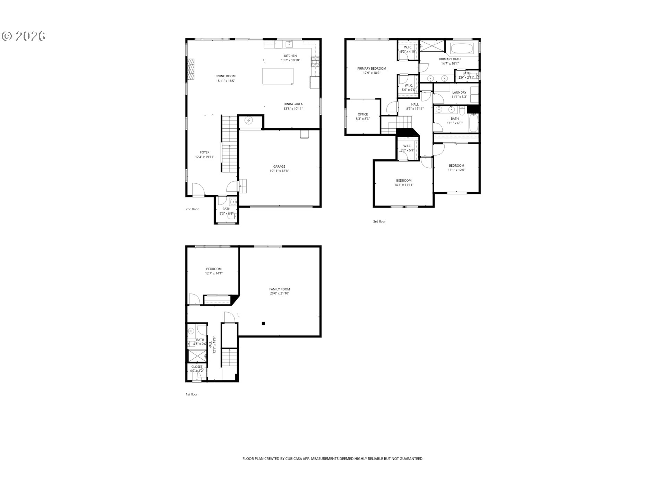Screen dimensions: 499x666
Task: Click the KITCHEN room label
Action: (290, 56)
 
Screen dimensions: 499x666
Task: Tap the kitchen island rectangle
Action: (277, 76)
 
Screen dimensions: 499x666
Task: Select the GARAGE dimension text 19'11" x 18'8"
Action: (279, 171)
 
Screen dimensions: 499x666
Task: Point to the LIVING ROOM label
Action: (225, 76)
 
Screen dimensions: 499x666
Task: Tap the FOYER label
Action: (205, 152)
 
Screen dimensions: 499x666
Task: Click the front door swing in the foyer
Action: (198, 189)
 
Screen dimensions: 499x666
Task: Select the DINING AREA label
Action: (293, 104)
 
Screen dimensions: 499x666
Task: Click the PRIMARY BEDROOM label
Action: (372, 69)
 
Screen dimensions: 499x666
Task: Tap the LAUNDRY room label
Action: (459, 93)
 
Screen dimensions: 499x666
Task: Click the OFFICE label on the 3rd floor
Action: (363, 114)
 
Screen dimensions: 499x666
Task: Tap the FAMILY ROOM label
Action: (280, 289)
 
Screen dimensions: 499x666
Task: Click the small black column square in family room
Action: (263, 323)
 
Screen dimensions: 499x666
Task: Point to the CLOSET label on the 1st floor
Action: (197, 367)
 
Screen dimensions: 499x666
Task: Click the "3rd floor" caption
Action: (379, 221)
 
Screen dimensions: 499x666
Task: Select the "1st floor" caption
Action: (191, 394)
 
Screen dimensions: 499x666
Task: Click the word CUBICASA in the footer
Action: (293, 458)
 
